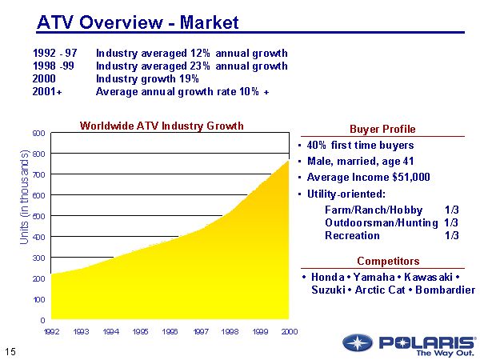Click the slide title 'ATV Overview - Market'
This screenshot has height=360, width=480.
tap(138, 22)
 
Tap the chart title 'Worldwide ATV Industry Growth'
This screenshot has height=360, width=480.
tap(162, 126)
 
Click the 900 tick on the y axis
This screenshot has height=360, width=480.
tap(38, 133)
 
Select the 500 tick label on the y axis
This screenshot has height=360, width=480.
tap(38, 216)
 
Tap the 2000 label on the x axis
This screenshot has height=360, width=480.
tap(290, 331)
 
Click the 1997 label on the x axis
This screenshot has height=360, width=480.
tap(200, 331)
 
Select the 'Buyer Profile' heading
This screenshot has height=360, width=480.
tap(382, 130)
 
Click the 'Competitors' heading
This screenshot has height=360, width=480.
tap(388, 262)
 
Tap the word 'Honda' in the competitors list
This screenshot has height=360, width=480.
tap(326, 277)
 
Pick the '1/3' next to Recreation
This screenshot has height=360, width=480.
tap(451, 236)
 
